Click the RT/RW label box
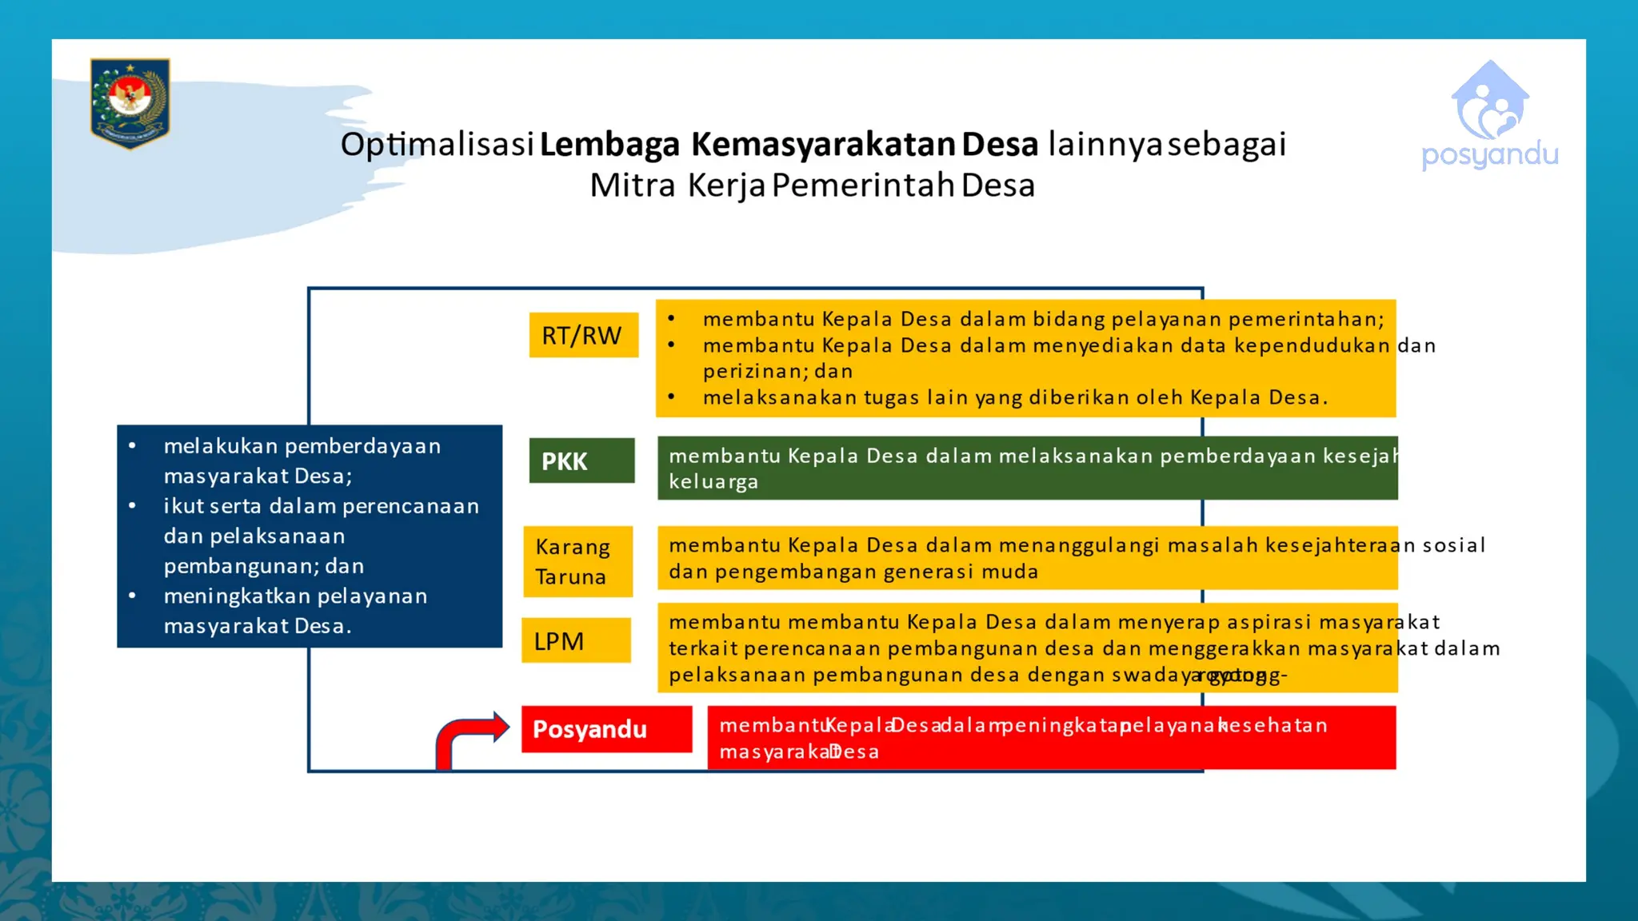click(583, 335)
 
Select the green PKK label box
click(581, 460)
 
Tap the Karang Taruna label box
click(577, 561)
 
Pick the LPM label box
click(576, 640)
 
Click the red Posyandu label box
click(606, 729)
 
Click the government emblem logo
click(130, 102)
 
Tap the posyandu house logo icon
click(1490, 102)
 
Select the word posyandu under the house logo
click(1490, 154)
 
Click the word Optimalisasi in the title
click(437, 145)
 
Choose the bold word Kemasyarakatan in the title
click(823, 145)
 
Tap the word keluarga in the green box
click(713, 482)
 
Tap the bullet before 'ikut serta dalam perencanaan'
click(132, 506)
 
